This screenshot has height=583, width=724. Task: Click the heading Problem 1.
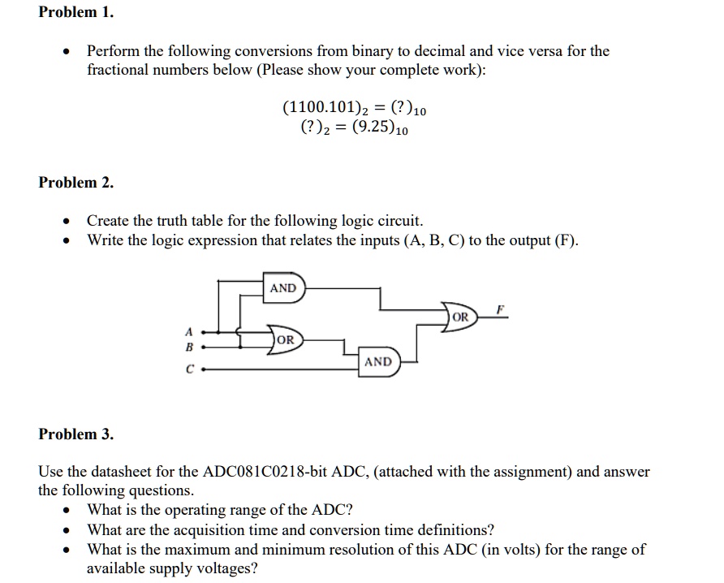pos(76,13)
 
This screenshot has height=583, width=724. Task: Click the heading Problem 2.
pos(76,183)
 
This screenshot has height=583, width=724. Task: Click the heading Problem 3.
pos(76,434)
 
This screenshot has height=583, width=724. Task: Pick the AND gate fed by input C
pos(379,361)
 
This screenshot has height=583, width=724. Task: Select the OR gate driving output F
pos(460,317)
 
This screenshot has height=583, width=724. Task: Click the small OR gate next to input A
pos(287,339)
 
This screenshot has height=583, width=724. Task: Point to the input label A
pos(189,332)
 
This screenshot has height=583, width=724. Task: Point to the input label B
pos(189,347)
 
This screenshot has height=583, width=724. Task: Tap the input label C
pos(189,369)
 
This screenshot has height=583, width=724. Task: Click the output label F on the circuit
pos(501,308)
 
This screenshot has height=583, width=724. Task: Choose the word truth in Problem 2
pos(179,221)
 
